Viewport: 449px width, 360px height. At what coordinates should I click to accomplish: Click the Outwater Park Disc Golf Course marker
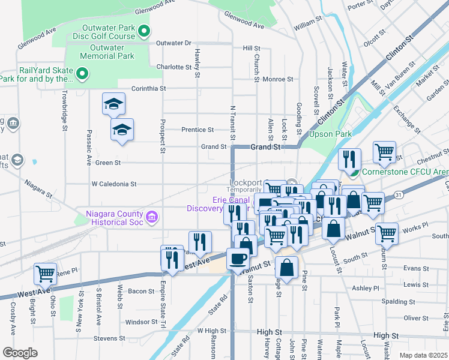click(x=143, y=31)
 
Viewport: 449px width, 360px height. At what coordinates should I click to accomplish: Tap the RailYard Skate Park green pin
click(x=83, y=74)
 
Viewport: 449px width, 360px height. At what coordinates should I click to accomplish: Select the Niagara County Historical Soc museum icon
click(x=152, y=216)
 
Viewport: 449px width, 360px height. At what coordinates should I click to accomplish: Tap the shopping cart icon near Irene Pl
click(x=46, y=273)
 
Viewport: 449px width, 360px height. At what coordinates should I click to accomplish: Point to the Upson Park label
click(x=329, y=134)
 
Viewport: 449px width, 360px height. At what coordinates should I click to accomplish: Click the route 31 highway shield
click(x=399, y=195)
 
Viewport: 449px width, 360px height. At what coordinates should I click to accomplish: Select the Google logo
click(x=20, y=353)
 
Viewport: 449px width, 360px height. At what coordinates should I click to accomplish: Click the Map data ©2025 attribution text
click(x=423, y=355)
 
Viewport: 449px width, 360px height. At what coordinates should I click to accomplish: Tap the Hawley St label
click(x=197, y=63)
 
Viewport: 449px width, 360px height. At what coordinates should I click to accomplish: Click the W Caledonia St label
click(x=114, y=184)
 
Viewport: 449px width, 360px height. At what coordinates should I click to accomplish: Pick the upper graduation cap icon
click(x=113, y=104)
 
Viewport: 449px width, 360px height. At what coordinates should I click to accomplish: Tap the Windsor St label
click(x=141, y=322)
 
